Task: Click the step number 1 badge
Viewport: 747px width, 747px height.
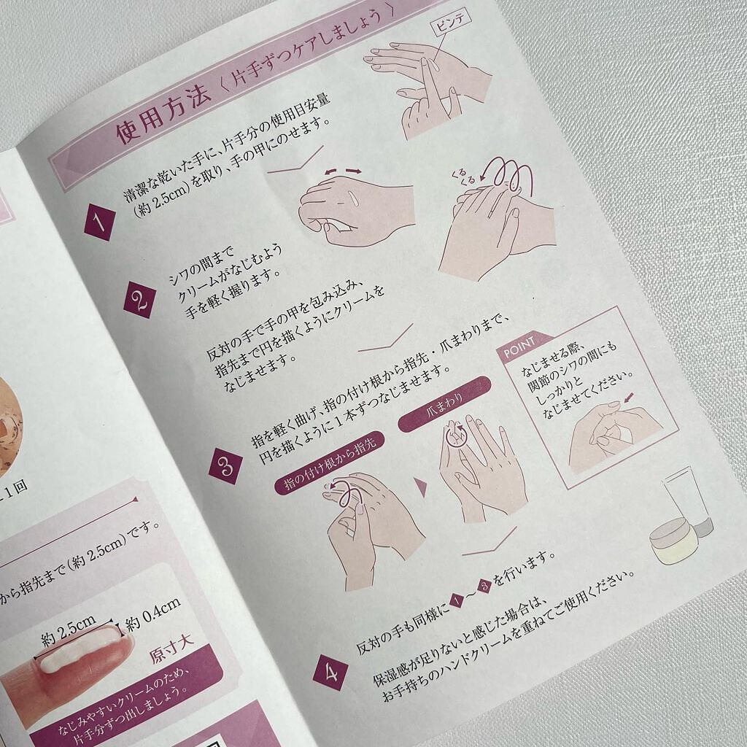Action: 99,222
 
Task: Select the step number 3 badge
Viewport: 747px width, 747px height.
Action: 225,466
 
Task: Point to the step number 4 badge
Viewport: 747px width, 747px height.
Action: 330,673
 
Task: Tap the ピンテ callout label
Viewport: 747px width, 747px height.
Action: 450,22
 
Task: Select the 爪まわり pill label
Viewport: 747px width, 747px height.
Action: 444,404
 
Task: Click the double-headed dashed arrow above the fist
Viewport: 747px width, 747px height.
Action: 341,171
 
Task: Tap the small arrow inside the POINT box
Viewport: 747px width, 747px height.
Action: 629,397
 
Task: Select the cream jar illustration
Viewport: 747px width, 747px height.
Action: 675,541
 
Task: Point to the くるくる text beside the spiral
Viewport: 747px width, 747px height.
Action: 463,176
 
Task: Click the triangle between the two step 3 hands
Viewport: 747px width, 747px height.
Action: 421,487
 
